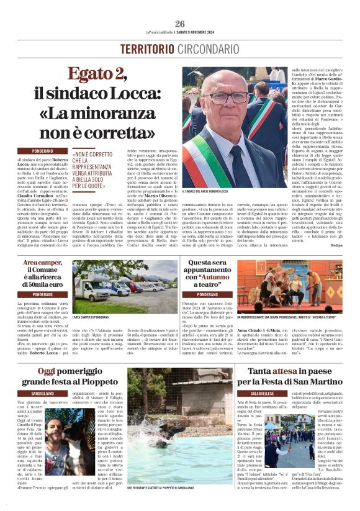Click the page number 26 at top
tap(180, 24)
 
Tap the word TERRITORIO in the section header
tap(146, 48)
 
